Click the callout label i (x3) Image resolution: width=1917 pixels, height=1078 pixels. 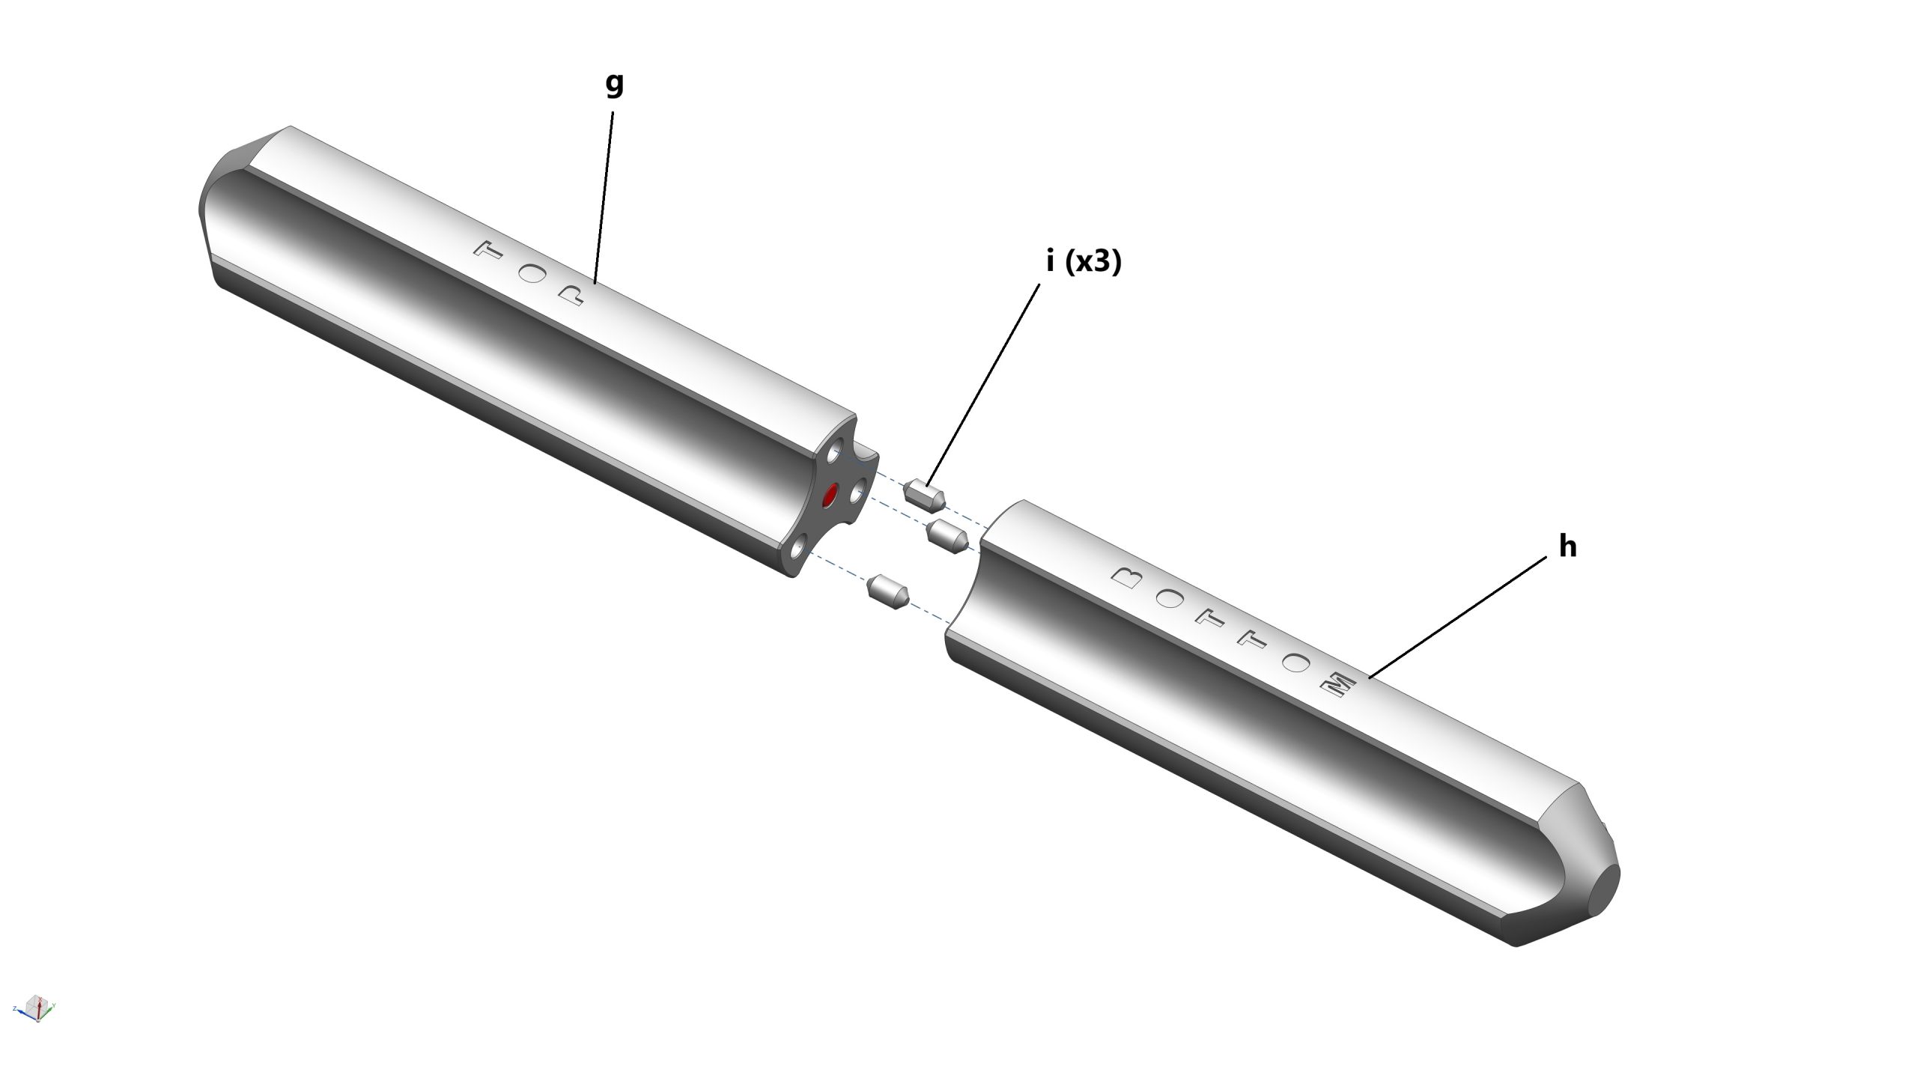[x=1084, y=262]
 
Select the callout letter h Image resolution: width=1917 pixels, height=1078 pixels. [x=1567, y=546]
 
